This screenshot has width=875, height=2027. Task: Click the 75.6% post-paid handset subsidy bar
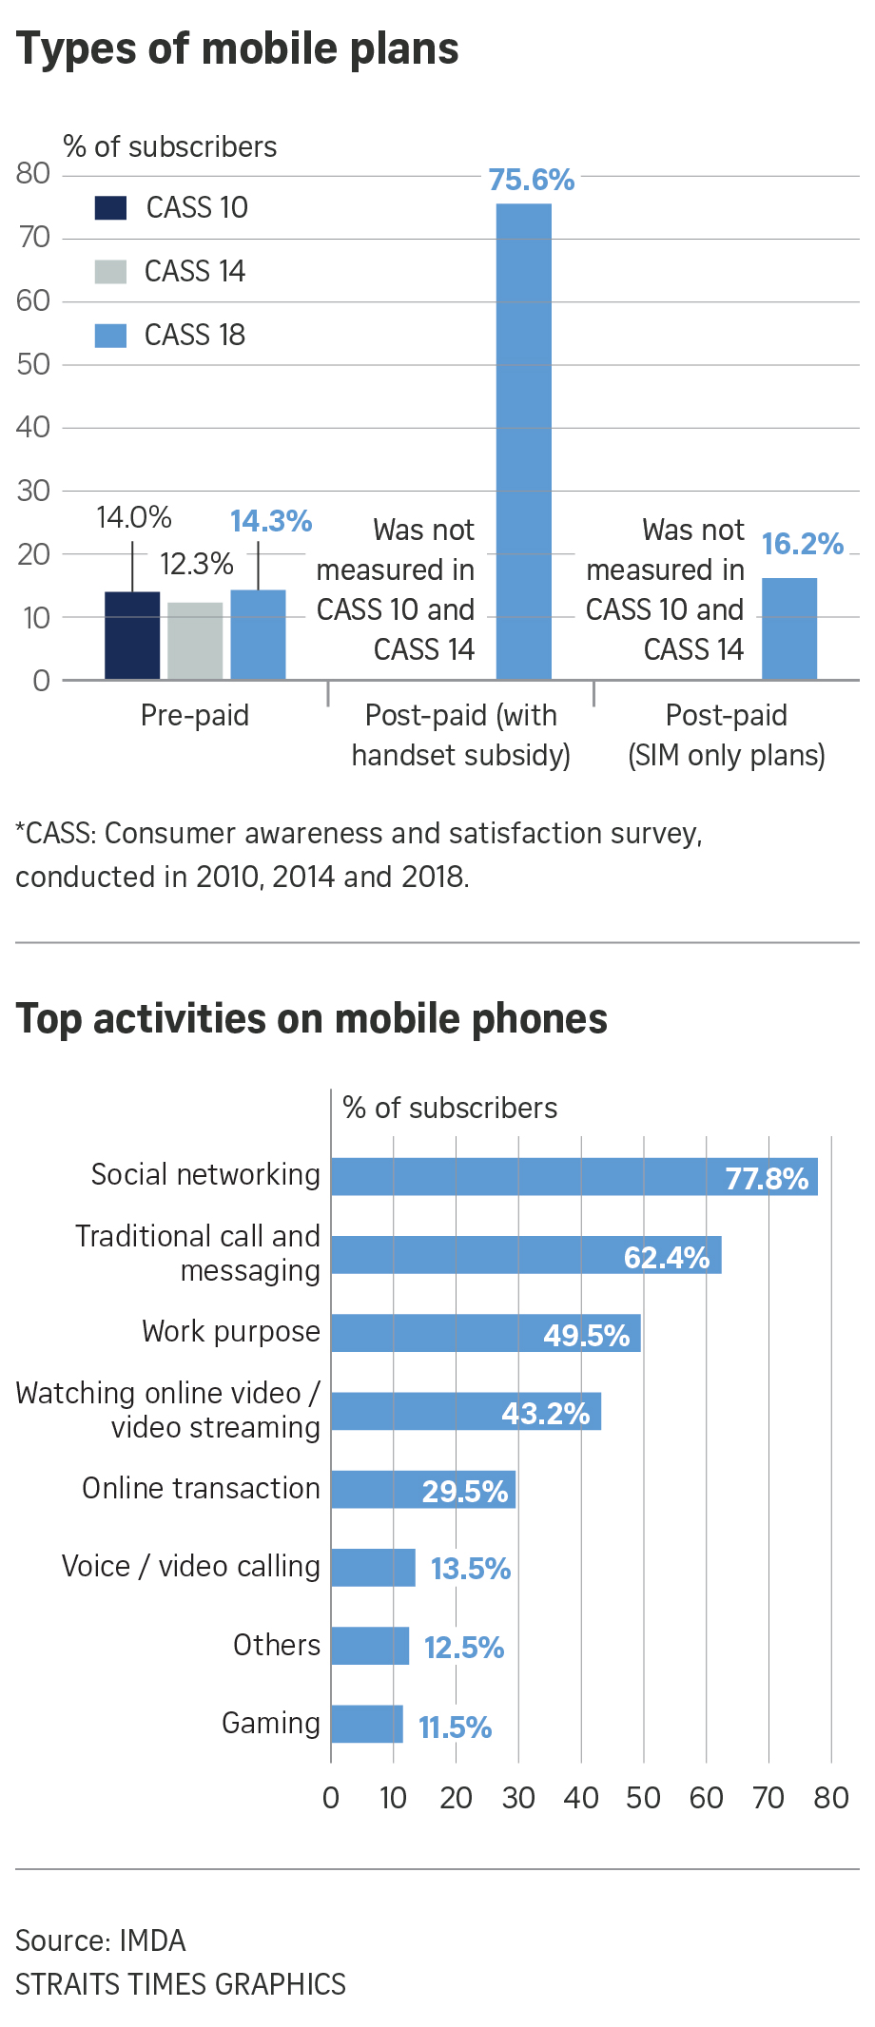523,442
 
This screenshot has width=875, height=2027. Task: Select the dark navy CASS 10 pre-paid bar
132,635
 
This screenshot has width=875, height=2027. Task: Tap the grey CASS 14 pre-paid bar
195,641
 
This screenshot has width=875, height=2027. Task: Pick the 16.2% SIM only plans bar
789,628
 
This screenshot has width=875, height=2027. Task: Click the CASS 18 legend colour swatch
110,336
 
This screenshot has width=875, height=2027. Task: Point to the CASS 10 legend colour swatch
110,207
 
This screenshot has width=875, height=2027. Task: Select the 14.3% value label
271,521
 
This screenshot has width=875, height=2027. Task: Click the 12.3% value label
196,564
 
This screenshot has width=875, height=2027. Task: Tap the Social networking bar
574,1177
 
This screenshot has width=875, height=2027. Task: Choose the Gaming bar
367,1724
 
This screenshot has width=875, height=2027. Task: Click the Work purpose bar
485,1333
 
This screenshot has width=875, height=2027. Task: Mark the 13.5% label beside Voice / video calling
471,1569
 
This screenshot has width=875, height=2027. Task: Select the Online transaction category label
201,1488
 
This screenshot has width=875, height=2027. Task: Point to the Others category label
277,1645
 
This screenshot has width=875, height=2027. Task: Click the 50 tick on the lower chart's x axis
643,1798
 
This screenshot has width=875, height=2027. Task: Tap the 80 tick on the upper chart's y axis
33,173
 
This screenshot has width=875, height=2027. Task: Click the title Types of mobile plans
238,48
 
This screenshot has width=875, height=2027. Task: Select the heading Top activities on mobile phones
312,1018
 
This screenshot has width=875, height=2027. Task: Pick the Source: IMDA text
101,1940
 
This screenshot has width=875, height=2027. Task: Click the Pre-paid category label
195,715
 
